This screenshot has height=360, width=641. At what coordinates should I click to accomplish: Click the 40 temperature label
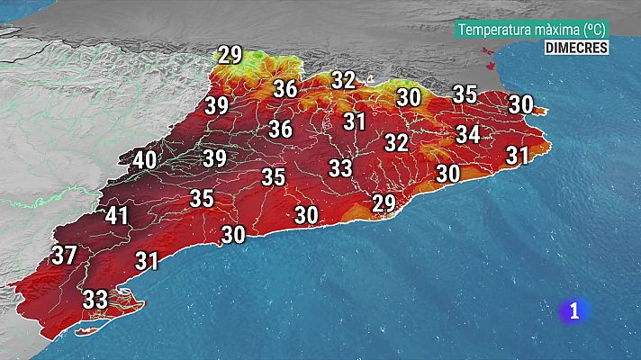[144, 162]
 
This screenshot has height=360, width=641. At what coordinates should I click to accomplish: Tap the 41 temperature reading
[117, 216]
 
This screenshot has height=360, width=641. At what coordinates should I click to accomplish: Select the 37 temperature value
[64, 256]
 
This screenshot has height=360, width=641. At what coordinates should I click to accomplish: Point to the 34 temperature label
[467, 135]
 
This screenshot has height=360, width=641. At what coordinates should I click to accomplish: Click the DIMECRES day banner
[576, 48]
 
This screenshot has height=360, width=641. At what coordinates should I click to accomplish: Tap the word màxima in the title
[558, 30]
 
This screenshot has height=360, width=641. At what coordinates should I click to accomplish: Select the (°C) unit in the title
[594, 30]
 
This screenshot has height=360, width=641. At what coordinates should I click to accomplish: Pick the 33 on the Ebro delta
[95, 299]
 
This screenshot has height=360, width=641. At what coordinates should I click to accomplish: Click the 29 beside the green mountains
[230, 55]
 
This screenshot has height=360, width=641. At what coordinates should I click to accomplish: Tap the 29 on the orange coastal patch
[384, 203]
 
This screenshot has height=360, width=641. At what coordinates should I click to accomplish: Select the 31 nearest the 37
[147, 261]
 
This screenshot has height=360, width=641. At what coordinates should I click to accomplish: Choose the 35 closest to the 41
[202, 199]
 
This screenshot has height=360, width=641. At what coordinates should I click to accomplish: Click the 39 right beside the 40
[214, 158]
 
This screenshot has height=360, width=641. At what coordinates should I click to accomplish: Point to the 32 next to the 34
[396, 142]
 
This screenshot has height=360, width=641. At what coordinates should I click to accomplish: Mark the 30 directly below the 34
[447, 173]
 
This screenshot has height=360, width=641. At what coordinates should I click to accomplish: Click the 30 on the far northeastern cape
[520, 104]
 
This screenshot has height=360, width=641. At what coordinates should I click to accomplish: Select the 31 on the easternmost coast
[517, 156]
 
